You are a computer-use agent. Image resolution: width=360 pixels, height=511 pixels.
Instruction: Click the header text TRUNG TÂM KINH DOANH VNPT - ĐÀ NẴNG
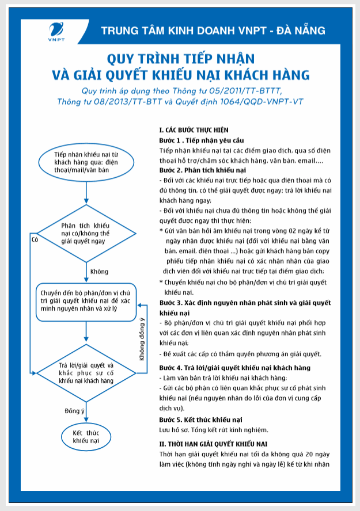213,30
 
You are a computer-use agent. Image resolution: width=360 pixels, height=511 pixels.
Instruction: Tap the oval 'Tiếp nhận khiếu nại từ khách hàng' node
86,163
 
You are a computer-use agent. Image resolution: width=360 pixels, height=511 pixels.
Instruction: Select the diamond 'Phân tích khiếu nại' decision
86,232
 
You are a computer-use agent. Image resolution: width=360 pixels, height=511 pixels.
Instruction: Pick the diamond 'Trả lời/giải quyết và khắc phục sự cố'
86,373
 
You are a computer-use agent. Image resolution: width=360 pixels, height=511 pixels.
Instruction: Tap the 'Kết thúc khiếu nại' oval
86,436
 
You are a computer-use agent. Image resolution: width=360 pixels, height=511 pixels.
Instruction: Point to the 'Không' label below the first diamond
100,272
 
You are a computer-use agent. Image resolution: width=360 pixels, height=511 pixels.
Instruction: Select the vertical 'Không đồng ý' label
142,340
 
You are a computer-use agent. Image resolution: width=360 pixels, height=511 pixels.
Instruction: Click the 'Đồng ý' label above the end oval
75,410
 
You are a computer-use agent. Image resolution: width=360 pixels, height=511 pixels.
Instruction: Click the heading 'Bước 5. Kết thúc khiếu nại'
201,419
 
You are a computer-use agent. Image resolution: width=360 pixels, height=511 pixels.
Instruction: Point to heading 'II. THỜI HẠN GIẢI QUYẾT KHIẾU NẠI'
214,444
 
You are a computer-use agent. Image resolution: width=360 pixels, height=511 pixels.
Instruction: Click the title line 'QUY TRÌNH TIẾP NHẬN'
180,59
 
